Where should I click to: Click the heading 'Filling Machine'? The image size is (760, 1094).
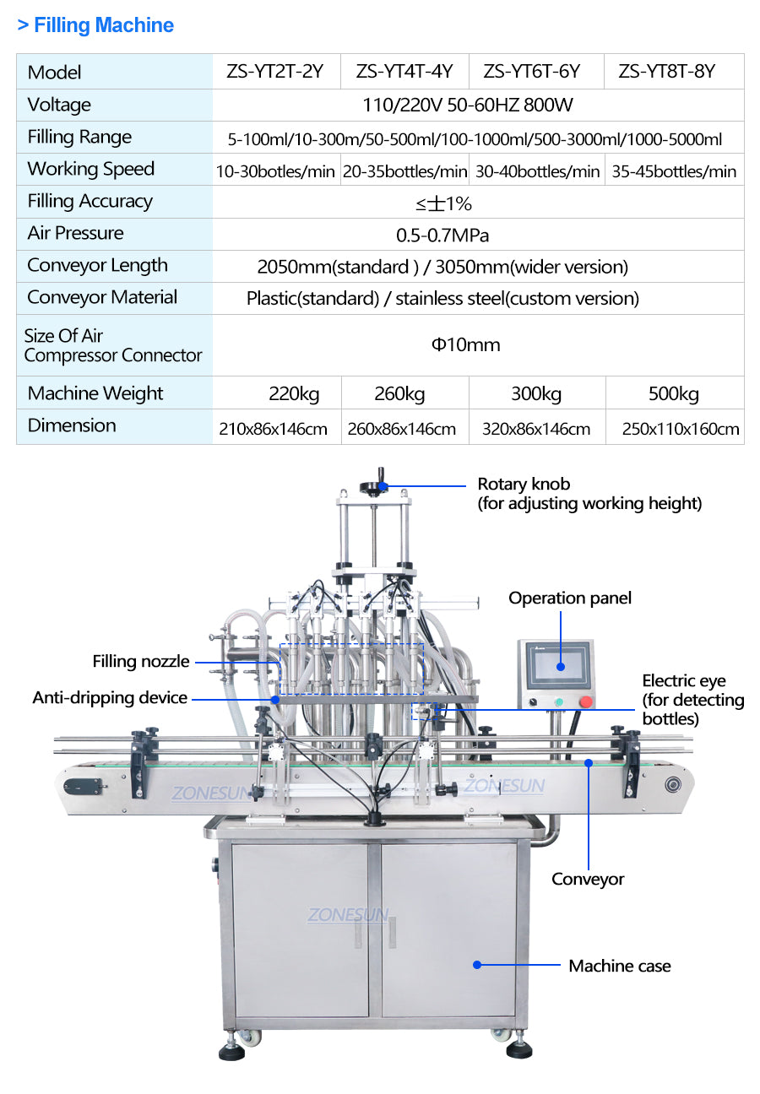103,25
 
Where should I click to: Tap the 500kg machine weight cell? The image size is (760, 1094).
673,393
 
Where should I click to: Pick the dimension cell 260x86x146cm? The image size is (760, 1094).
402,429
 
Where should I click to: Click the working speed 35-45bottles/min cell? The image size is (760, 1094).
674,171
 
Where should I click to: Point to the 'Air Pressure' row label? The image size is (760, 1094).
75,233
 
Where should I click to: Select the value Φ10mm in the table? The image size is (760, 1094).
466,344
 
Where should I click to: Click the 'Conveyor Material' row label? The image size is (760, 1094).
102,297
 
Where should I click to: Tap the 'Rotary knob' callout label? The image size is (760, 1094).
524,485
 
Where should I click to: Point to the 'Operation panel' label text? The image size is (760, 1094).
570,598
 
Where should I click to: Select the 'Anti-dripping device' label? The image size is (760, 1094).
110,697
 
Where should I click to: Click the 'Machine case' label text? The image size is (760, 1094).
620,966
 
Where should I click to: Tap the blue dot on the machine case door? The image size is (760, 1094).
476,964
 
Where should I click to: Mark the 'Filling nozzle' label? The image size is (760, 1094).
141,662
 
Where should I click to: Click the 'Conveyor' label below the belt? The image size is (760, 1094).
588,879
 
